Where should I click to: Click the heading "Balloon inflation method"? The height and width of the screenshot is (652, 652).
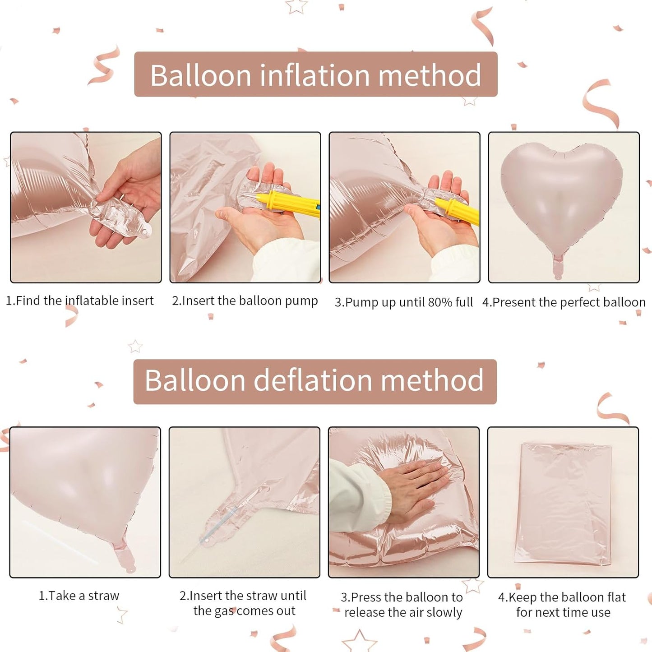coord(315,74)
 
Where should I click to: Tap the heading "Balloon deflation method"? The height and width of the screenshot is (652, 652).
coord(314,380)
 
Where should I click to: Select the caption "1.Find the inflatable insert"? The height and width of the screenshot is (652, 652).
coord(80,301)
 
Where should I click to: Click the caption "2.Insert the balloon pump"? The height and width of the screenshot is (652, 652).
coord(245,301)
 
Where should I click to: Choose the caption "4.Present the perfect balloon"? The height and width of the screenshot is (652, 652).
coord(564,302)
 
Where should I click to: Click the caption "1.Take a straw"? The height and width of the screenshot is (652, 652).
coord(79,596)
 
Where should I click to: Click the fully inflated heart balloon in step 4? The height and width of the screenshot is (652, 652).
coord(562,194)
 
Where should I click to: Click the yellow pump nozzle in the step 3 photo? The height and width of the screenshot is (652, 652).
coord(456,209)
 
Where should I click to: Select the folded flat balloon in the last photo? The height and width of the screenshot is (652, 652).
coord(563,503)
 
